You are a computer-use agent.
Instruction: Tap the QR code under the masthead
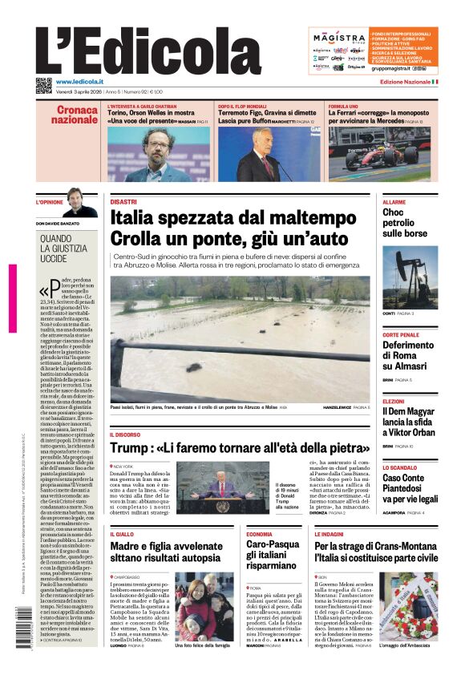pos(43,85)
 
